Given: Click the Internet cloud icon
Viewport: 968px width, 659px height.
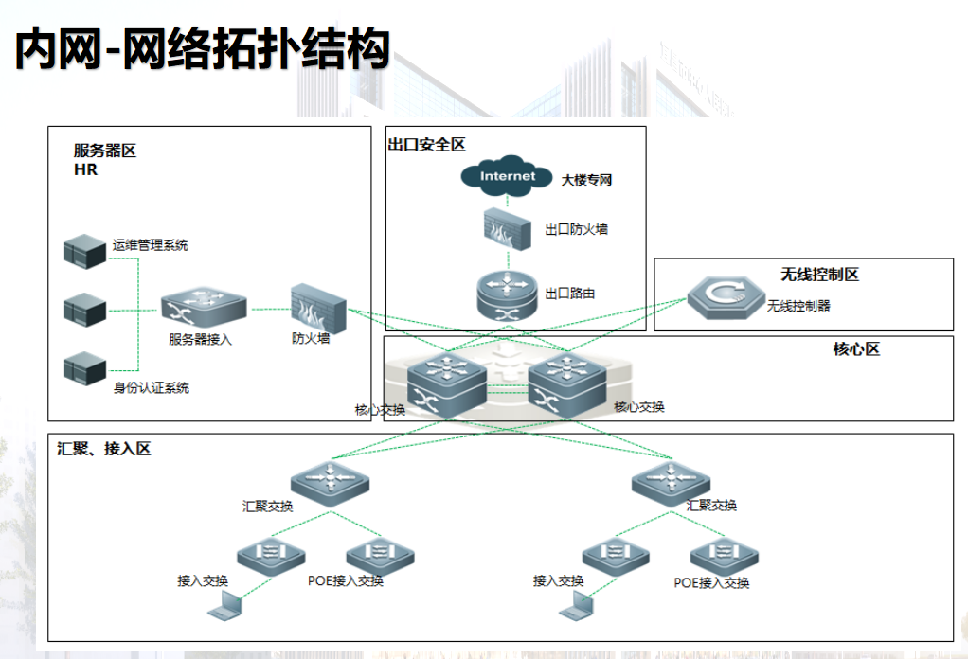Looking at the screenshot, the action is point(507,176).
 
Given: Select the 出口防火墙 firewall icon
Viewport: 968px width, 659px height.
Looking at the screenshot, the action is point(507,229).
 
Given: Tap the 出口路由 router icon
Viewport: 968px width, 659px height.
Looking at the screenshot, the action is point(508,295).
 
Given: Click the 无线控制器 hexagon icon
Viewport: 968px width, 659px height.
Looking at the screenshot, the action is point(726,297).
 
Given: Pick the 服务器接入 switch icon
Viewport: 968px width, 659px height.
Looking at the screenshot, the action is point(204,308).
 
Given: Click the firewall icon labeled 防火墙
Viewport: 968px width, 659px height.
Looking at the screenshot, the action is point(318,309).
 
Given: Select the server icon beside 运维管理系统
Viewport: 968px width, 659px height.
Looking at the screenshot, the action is point(85,251).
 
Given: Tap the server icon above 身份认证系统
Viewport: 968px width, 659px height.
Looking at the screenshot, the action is point(85,368).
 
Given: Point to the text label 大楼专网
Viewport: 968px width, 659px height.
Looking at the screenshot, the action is point(586,180).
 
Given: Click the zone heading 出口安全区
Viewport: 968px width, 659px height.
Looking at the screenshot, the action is point(426,144).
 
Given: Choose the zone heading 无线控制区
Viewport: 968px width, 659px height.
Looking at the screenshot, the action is point(819,275).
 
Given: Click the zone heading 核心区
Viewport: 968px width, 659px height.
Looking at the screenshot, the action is point(856,349).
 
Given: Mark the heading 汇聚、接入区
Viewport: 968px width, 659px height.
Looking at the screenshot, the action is point(104,449).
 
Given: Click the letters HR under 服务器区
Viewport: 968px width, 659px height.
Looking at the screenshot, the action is point(86,169).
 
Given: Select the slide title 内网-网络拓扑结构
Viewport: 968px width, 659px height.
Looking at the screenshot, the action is point(203,48).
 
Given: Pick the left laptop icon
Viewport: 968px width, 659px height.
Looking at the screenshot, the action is point(224,605).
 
